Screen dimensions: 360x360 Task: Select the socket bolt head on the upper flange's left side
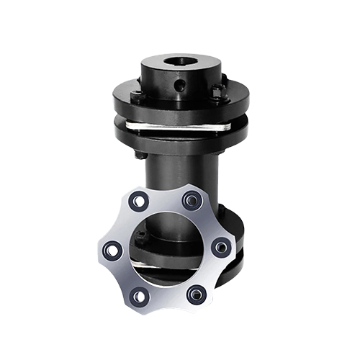[x=136, y=94]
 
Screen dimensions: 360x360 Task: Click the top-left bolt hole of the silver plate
[x=138, y=201]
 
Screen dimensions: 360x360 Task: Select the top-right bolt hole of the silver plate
[x=192, y=199]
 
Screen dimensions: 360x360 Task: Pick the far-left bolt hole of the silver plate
[x=112, y=250]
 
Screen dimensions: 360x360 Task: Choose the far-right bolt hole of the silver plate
[x=222, y=247]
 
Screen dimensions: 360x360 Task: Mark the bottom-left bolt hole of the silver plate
[x=140, y=296]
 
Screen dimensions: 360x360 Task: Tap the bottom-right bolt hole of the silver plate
[x=195, y=294]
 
